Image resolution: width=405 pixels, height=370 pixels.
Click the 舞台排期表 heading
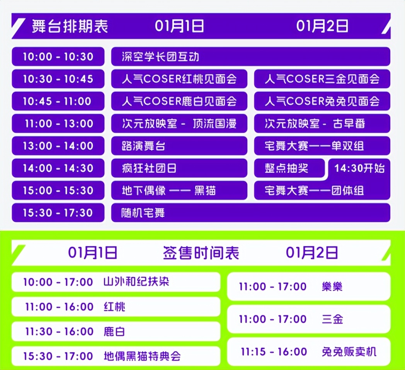(x=70, y=26)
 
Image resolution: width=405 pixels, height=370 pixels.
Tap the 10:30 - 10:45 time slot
(x=58, y=79)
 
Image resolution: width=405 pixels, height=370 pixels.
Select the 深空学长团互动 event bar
(x=250, y=57)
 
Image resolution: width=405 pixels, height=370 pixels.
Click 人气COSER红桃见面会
(x=179, y=79)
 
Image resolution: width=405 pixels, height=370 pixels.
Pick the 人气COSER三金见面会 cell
(x=322, y=79)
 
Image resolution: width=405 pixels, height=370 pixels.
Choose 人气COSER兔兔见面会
(x=322, y=101)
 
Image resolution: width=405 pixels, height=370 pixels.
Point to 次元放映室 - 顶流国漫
(x=179, y=123)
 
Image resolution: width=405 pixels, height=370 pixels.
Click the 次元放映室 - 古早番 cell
(x=322, y=123)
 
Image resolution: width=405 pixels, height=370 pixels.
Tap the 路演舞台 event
(x=179, y=146)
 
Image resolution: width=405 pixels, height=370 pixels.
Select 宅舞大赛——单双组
(x=322, y=146)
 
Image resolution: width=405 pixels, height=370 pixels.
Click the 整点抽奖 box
(x=289, y=168)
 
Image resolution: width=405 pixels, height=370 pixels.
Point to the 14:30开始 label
(x=359, y=168)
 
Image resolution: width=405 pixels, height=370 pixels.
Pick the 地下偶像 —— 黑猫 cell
(x=179, y=190)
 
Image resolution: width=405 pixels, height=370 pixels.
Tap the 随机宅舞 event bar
(x=250, y=212)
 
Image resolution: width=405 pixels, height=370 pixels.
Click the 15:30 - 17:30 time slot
(x=58, y=212)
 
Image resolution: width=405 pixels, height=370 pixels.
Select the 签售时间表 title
(x=201, y=253)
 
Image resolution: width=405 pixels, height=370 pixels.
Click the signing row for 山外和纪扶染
(x=116, y=282)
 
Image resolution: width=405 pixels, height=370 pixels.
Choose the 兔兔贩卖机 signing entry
(x=309, y=351)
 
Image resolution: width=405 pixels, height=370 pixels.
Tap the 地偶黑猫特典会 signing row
(x=116, y=356)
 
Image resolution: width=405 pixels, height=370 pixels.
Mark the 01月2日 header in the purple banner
(x=322, y=26)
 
